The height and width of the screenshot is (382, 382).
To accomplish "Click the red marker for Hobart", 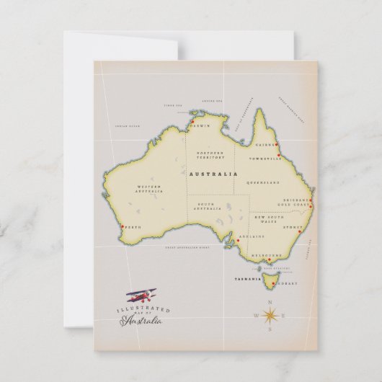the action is pos(276,282).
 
